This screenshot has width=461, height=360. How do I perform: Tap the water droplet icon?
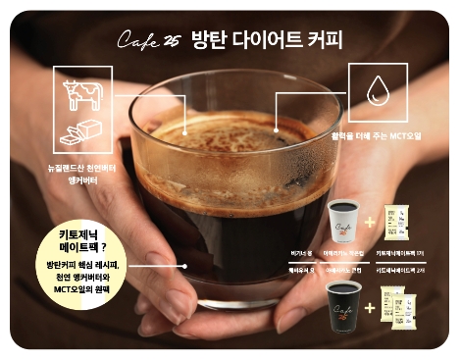pos(377,91)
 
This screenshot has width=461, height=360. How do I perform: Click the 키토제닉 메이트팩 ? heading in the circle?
pos(76,242)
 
